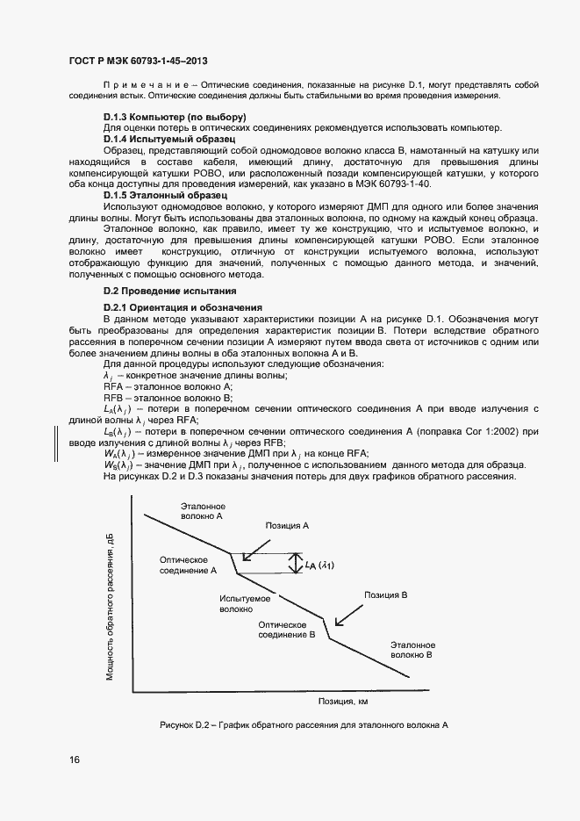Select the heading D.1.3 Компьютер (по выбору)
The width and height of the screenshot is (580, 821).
click(x=175, y=118)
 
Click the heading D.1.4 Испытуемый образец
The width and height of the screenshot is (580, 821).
click(x=166, y=139)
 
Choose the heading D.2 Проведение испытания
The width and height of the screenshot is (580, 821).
click(x=169, y=291)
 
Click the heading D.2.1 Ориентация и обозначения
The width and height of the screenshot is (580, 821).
click(x=183, y=306)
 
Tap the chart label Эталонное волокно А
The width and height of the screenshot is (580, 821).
click(x=203, y=512)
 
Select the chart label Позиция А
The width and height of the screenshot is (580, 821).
click(x=288, y=524)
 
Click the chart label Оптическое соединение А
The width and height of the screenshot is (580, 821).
click(x=188, y=565)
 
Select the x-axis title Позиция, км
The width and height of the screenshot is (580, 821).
click(x=336, y=702)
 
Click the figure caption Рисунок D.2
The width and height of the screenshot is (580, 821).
click(x=304, y=725)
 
